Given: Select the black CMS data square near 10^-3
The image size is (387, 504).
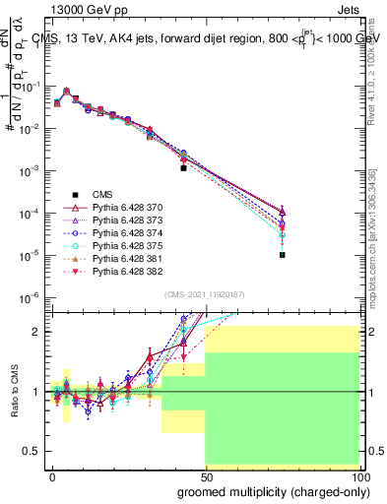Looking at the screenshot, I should [x=183, y=168].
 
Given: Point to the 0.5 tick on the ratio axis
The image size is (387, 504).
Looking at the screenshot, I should [x=32, y=451].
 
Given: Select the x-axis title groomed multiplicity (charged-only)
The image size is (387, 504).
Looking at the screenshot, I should [x=269, y=491].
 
